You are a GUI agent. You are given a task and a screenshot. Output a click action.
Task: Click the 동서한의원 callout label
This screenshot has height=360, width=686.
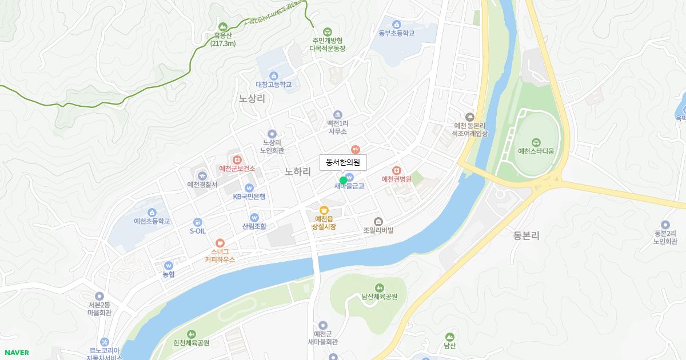click(x=342, y=162)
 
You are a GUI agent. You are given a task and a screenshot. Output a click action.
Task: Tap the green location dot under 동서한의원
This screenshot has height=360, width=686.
click(x=343, y=181)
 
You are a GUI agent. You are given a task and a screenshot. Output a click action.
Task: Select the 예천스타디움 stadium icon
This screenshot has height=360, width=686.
click(x=536, y=142)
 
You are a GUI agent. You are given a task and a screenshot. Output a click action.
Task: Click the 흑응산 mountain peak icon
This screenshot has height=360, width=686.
click(x=223, y=26)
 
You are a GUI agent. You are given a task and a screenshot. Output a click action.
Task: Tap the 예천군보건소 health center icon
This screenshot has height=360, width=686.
click(x=237, y=159)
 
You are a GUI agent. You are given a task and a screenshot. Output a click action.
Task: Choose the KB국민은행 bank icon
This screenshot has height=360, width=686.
click(x=249, y=187)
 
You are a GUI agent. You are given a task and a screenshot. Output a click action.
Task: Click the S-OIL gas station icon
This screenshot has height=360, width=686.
click(x=197, y=222)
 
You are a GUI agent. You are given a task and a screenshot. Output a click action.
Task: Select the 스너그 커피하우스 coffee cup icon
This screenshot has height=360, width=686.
click(x=220, y=242)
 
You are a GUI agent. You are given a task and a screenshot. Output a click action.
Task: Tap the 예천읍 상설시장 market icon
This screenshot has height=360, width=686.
click(x=324, y=210)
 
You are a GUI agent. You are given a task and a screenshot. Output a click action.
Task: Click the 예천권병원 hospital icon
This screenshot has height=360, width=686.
click(x=397, y=170)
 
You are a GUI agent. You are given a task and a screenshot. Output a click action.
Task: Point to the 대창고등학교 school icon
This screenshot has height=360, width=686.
click(x=274, y=75)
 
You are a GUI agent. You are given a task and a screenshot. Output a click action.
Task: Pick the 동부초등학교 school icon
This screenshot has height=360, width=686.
click(x=396, y=24)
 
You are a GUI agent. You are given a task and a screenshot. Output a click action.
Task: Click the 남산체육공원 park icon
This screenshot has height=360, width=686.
click(x=378, y=287)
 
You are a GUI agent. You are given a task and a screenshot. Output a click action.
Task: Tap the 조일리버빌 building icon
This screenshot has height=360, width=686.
click(x=378, y=221)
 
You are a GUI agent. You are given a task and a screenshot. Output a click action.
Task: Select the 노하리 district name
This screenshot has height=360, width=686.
click(x=297, y=171)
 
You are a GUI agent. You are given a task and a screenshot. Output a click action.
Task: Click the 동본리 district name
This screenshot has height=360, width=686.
click(x=526, y=235)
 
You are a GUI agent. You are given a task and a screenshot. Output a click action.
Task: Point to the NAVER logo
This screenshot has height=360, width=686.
click(x=16, y=353)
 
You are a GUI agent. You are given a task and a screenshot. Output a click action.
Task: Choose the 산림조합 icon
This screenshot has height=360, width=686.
click(x=254, y=217)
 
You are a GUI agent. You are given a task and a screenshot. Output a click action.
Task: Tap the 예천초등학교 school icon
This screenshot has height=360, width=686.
click(x=152, y=212)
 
